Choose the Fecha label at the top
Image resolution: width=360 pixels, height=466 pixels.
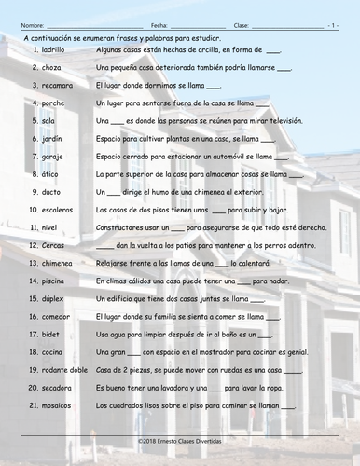pos(159,19)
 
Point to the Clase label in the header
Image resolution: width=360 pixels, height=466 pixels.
pos(242,19)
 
